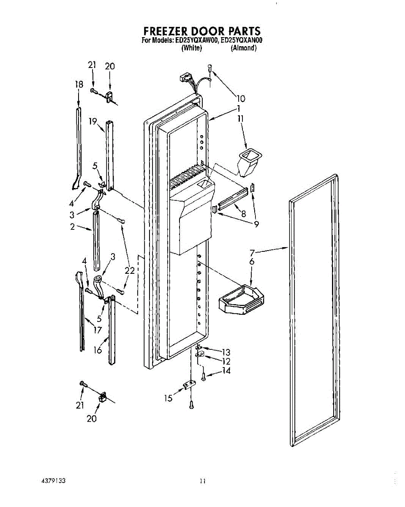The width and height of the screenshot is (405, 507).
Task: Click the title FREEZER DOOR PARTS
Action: click(x=202, y=31)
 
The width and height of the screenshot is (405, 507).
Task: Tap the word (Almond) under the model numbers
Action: click(x=244, y=48)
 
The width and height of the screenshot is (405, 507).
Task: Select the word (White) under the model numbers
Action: click(x=191, y=48)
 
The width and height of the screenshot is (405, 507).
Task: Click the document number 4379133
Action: click(x=53, y=481)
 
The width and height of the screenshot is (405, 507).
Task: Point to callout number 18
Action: click(x=79, y=84)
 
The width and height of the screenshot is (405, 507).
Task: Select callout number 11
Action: click(x=241, y=119)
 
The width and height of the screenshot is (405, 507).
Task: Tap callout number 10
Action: click(x=241, y=99)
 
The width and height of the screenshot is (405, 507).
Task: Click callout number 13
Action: click(x=226, y=352)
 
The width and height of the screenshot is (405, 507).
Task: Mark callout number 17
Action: click(x=98, y=330)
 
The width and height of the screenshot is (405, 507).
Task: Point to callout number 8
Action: click(x=244, y=214)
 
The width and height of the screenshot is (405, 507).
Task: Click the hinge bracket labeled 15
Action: click(x=189, y=386)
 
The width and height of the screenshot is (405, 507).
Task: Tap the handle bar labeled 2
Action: click(x=96, y=241)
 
